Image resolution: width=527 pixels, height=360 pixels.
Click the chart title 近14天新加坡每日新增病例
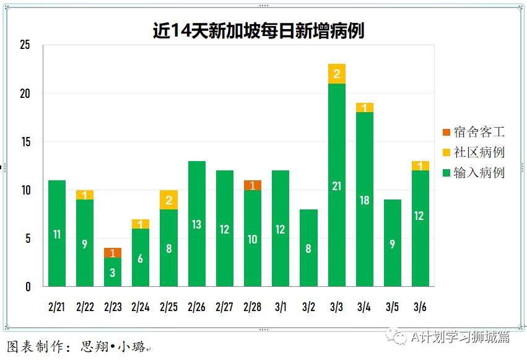tap(258, 31)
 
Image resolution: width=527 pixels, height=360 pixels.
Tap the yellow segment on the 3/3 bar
tap(337, 74)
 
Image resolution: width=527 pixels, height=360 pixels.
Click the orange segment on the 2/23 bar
tap(113, 253)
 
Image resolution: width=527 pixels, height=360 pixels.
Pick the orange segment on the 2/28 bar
tap(253, 185)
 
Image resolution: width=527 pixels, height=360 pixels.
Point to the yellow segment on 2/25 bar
tap(168, 200)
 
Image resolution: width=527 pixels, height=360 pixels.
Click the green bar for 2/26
tap(196, 224)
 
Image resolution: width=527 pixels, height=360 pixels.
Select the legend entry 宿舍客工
tap(473, 132)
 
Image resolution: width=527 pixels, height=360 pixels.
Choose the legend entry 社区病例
tap(473, 152)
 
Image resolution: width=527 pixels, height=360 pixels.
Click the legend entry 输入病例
tap(473, 173)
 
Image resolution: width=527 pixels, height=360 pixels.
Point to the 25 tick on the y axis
tap(25, 45)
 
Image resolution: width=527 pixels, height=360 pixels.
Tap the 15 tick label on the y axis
tap(25, 142)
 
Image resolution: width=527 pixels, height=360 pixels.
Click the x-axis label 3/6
tap(420, 307)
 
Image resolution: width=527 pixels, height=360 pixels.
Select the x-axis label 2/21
tap(57, 307)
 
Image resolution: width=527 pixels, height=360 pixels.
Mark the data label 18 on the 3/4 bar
tap(365, 200)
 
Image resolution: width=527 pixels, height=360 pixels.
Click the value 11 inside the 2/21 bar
tap(57, 234)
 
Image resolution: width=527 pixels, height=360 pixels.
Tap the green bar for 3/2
tap(308, 248)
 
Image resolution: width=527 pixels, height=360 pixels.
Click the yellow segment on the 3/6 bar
tap(420, 166)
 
